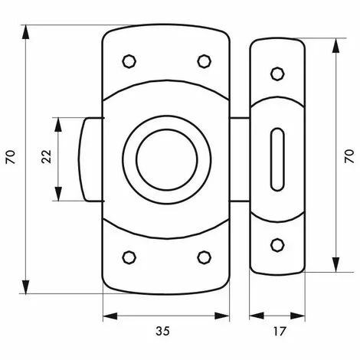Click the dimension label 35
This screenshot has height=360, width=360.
coord(162,331)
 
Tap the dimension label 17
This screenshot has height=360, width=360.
coord(279,332)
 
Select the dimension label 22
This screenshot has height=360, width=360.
coord(47,156)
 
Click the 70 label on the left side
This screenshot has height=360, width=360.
coord(11,157)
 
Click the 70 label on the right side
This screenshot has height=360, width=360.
coord(349,156)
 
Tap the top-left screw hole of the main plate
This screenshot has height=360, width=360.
coord(129,61)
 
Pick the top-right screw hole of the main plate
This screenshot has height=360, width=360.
coord(205,61)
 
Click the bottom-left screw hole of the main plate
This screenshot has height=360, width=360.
coord(129,257)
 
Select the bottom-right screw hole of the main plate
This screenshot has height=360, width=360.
coord(205,257)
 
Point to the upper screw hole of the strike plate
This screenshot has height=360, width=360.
coord(277,74)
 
